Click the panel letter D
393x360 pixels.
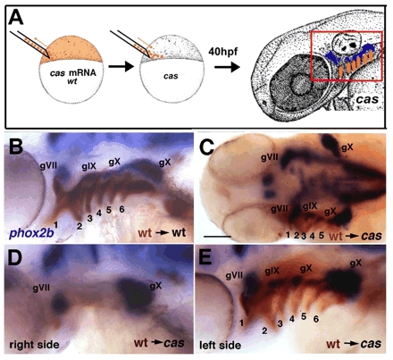click(x=16, y=259)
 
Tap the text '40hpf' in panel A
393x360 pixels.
click(x=223, y=51)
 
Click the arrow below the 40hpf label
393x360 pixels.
click(x=227, y=67)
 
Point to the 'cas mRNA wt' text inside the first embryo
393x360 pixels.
click(x=73, y=76)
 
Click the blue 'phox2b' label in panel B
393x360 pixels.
click(x=32, y=232)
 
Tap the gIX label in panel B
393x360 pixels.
click(x=89, y=166)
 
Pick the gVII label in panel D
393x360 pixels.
click(x=41, y=288)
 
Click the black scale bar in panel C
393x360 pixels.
click(x=218, y=236)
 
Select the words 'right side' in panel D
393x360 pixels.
click(x=35, y=345)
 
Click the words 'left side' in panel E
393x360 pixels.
click(x=221, y=345)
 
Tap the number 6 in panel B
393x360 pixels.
click(x=121, y=209)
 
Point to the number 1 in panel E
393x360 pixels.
click(x=242, y=322)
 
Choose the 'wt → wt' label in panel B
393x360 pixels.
click(x=162, y=232)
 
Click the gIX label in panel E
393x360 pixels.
click(x=272, y=271)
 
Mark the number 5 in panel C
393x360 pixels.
click(x=321, y=235)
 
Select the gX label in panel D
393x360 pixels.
click(x=155, y=286)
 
